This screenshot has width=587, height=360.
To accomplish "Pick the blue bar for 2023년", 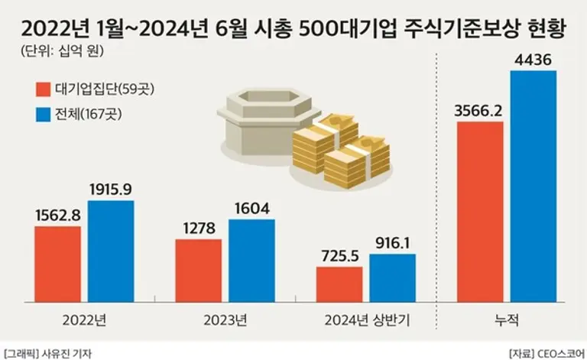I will point(251,260).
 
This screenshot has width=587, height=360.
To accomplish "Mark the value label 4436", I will point(533,60).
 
